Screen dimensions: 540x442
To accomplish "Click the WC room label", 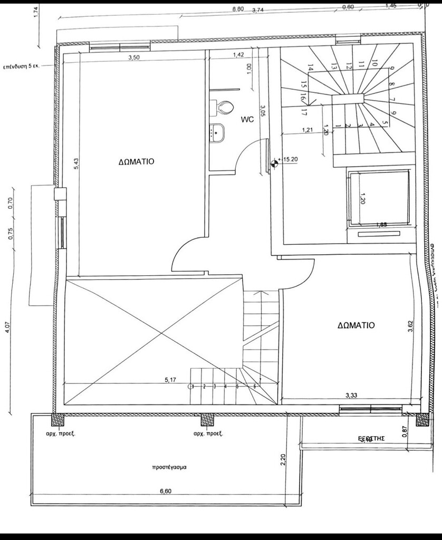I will pyautogui.click(x=247, y=120).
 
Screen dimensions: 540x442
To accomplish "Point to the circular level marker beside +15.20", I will pyautogui.click(x=274, y=163).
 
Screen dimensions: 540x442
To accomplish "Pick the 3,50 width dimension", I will pyautogui.click(x=133, y=58).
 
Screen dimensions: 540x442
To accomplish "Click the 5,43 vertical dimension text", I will pyautogui.click(x=76, y=163).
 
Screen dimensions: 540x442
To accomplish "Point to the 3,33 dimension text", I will pyautogui.click(x=351, y=395).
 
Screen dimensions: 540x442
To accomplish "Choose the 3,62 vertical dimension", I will pyautogui.click(x=410, y=327).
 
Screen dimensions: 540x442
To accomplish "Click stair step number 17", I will pyautogui.click(x=304, y=112).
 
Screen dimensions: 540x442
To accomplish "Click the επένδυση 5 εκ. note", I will pyautogui.click(x=22, y=67).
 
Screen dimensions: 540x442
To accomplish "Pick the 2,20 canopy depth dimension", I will pyautogui.click(x=283, y=460).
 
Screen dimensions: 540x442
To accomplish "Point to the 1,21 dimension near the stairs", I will pyautogui.click(x=309, y=129).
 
